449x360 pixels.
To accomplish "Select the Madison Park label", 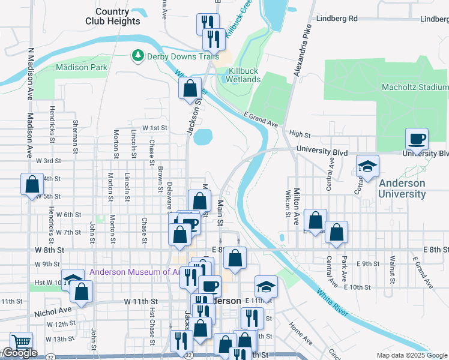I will [82, 68].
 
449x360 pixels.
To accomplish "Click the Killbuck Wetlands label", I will [244, 75].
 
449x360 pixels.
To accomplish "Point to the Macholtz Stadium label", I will [415, 87].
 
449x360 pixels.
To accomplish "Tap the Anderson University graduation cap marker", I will [367, 167].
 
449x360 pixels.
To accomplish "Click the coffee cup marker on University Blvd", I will [417, 139].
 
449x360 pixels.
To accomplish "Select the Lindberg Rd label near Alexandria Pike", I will [336, 19].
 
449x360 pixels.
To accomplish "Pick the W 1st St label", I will [154, 128].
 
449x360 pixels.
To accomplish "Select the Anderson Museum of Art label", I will [136, 272].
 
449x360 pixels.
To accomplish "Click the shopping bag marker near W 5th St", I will [32, 184].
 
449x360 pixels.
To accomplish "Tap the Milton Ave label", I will [297, 206].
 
